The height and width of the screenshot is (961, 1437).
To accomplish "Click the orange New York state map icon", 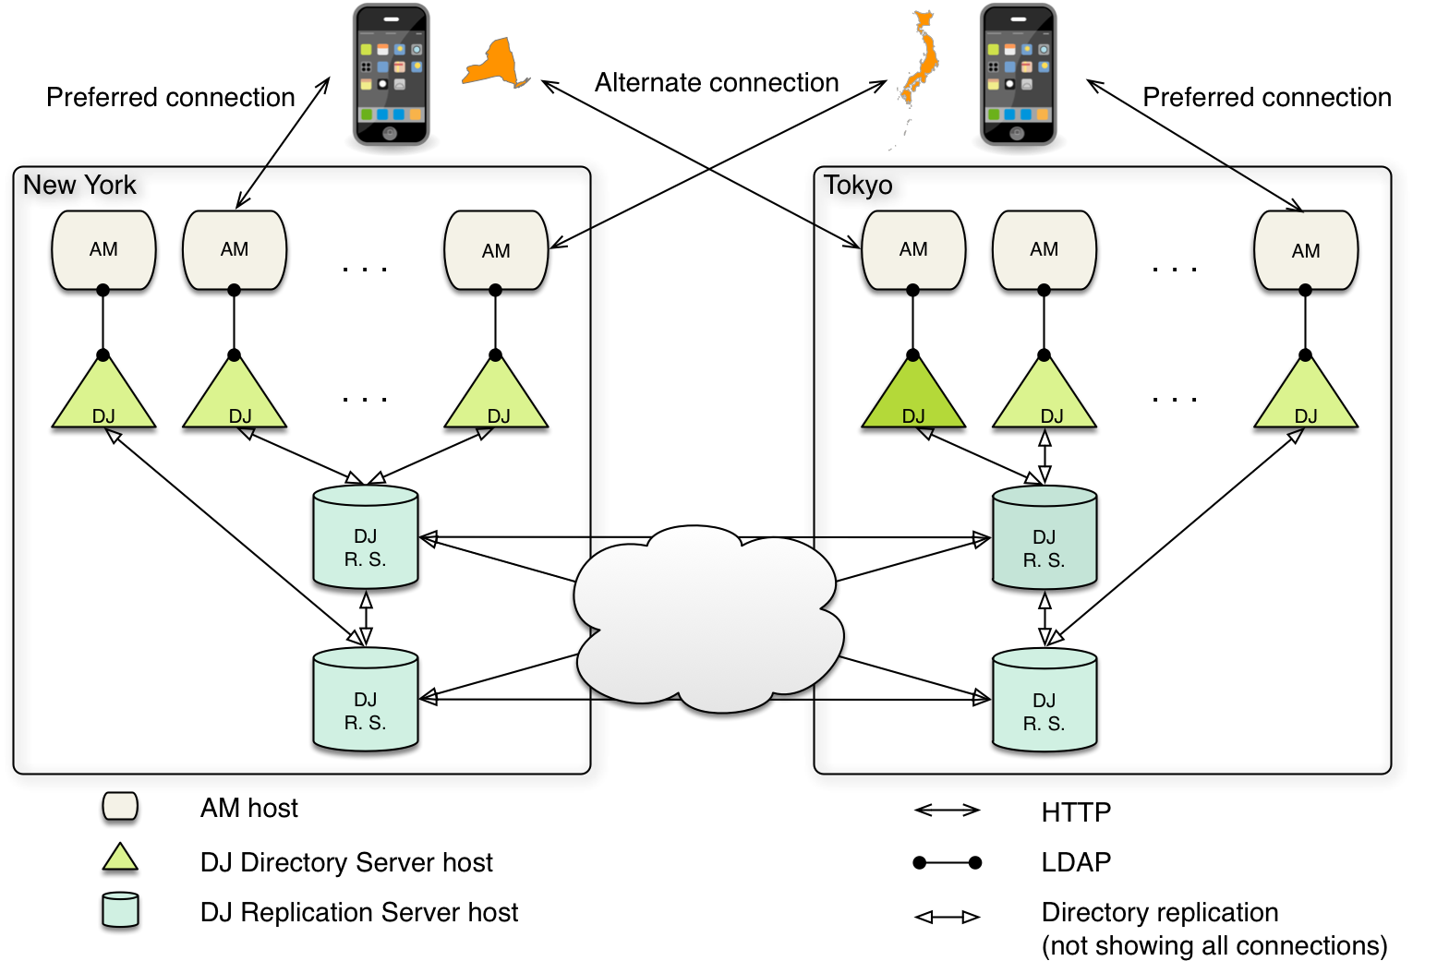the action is click(495, 62).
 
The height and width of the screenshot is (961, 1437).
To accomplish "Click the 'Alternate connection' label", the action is click(717, 82).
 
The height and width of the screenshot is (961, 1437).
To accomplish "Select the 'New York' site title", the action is click(79, 185).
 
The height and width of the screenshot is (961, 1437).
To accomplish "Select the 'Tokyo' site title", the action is click(858, 186).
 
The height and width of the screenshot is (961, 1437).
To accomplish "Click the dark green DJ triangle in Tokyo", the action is click(912, 393).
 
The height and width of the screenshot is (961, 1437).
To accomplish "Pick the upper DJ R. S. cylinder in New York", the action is click(366, 536).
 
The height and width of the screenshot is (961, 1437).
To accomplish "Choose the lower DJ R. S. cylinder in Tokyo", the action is click(1045, 700).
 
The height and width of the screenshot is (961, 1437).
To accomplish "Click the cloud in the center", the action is click(708, 619).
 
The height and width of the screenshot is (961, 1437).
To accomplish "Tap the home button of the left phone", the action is click(390, 133).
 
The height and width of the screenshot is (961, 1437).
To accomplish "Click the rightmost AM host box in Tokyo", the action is click(1306, 250).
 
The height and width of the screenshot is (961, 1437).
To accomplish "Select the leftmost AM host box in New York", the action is click(103, 250).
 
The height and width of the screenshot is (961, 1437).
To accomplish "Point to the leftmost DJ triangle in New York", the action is click(103, 393).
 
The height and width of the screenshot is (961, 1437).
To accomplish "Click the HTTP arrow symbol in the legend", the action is click(947, 811).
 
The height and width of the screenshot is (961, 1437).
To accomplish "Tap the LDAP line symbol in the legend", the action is click(947, 863).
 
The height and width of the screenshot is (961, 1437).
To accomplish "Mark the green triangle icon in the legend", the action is click(120, 857).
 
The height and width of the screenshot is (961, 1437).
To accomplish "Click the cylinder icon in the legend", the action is click(120, 909).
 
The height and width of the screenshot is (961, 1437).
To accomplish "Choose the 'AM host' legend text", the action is click(249, 808).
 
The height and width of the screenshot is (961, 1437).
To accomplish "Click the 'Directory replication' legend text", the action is click(1160, 912).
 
